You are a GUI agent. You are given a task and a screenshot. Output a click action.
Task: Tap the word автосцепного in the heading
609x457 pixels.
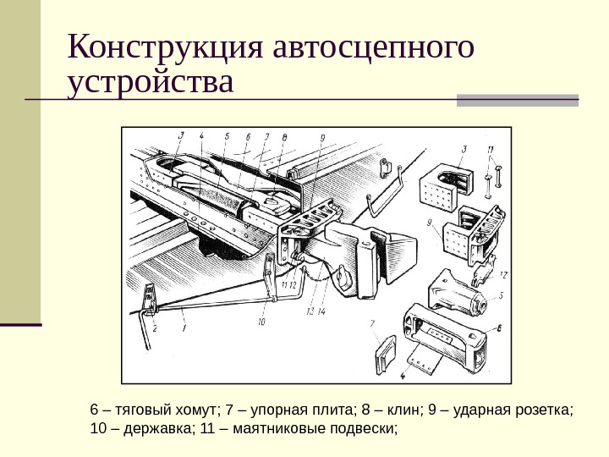click(373, 48)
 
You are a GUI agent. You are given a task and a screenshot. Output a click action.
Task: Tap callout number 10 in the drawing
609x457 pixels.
click(261, 322)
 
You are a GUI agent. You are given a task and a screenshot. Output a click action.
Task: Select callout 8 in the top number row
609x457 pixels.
click(284, 136)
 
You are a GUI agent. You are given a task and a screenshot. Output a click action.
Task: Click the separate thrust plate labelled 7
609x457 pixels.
click(384, 354)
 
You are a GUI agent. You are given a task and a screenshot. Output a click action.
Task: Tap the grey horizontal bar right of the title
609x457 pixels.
click(517, 100)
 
